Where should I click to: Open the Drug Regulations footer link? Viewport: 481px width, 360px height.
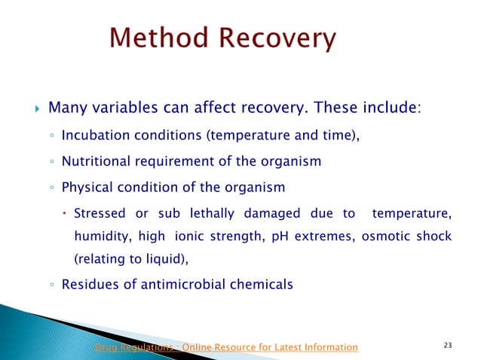click(225, 346)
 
